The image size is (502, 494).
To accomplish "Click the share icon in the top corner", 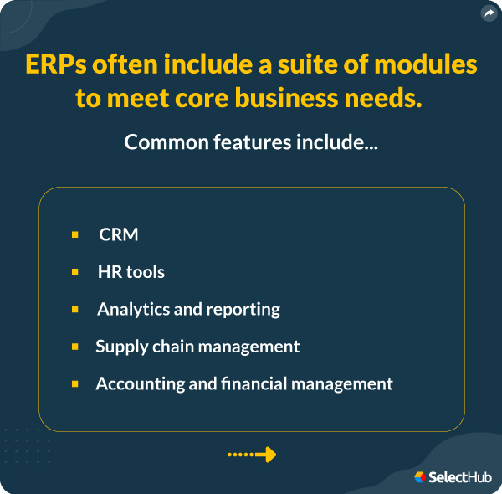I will click(x=489, y=13).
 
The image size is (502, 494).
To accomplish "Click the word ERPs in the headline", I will click(x=61, y=64).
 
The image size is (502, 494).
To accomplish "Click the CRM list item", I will click(x=119, y=234).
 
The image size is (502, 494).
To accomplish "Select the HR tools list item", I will click(x=131, y=272).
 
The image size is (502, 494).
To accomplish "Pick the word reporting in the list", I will click(x=243, y=309).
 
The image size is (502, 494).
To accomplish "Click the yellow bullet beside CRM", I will click(x=75, y=234).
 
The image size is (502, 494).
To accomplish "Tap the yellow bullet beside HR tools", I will click(x=75, y=272).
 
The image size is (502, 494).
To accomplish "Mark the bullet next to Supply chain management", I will click(x=75, y=346).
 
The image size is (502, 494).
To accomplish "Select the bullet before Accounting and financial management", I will click(x=75, y=383).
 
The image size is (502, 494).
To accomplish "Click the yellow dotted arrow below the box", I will click(x=252, y=455).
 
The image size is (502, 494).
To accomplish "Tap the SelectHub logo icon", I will click(x=420, y=477).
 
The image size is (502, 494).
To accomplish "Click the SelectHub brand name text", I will click(x=460, y=477).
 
